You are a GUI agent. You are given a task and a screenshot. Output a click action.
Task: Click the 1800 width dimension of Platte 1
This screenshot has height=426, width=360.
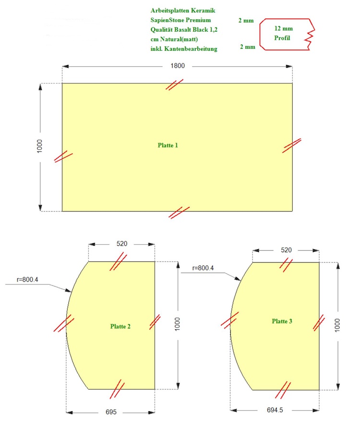[x=178, y=66]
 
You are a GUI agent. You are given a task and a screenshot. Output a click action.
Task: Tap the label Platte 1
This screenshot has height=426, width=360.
[x=168, y=145]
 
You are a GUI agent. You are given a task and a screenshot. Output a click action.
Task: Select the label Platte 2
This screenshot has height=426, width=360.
[x=120, y=326]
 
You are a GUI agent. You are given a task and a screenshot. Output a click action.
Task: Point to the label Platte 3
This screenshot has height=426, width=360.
[x=282, y=321]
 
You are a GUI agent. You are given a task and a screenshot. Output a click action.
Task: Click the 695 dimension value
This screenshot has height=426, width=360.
[x=111, y=412]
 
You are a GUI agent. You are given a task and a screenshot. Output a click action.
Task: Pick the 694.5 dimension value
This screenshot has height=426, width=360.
[x=275, y=410]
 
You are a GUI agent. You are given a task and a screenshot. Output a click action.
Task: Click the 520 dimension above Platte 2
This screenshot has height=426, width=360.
[x=122, y=244]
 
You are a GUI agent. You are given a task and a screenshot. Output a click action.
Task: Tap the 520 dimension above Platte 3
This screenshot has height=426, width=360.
[x=286, y=250]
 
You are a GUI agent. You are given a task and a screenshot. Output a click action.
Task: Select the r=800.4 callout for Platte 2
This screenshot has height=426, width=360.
[x=27, y=280]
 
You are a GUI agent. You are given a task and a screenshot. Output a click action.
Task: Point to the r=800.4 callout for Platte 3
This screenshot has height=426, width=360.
[x=203, y=268]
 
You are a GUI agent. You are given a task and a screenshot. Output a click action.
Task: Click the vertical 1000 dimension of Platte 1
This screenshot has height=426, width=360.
[x=40, y=146]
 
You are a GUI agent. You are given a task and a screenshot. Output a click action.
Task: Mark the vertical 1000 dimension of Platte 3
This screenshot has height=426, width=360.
[x=337, y=325]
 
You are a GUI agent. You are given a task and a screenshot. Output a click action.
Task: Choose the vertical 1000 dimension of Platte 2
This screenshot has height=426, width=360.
[x=177, y=324]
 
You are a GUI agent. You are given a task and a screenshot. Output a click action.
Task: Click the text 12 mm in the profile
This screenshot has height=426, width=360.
[x=284, y=28]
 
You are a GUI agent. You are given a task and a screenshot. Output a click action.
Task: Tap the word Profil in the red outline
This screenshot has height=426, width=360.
[x=282, y=38]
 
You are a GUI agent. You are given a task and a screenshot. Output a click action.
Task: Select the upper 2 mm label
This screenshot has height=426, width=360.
[x=246, y=20]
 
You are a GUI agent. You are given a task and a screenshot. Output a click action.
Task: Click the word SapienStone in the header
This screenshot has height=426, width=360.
[x=167, y=20]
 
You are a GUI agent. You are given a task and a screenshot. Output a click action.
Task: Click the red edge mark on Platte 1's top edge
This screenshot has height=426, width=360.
[x=175, y=84]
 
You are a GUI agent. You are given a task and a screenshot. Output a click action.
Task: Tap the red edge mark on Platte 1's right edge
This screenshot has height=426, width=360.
[x=292, y=146]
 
